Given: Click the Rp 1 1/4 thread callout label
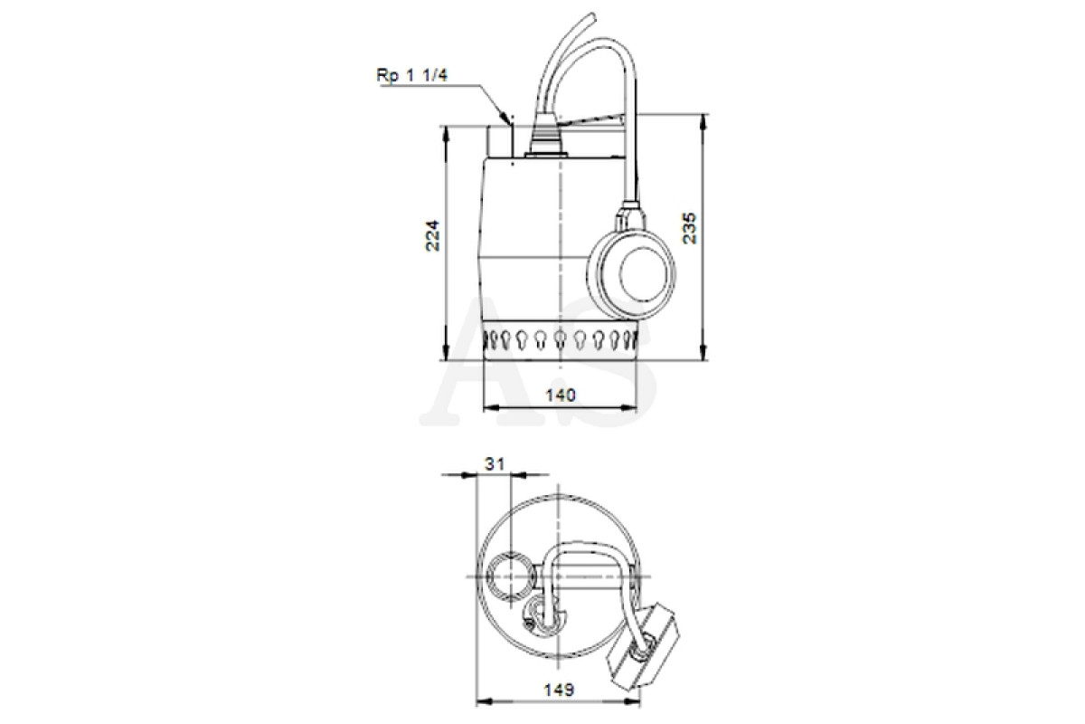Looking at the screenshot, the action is tap(412, 75).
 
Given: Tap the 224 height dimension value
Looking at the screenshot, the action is tap(432, 235).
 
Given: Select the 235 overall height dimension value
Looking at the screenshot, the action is tap(689, 228).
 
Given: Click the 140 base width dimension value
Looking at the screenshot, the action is tap(561, 395).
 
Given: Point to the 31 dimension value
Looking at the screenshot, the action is tap(495, 464).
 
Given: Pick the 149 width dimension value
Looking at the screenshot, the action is tap(559, 689).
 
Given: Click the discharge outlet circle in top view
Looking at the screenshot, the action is tap(511, 576).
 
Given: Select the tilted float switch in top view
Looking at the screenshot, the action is tap(642, 645).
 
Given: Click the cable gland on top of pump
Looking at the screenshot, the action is tap(545, 138).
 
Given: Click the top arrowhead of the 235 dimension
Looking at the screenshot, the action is tap(704, 120).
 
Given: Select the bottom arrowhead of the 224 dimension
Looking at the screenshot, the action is tap(446, 354).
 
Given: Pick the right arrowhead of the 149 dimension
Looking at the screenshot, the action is tap(632, 701).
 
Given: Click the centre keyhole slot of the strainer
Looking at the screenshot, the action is tap(560, 339).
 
